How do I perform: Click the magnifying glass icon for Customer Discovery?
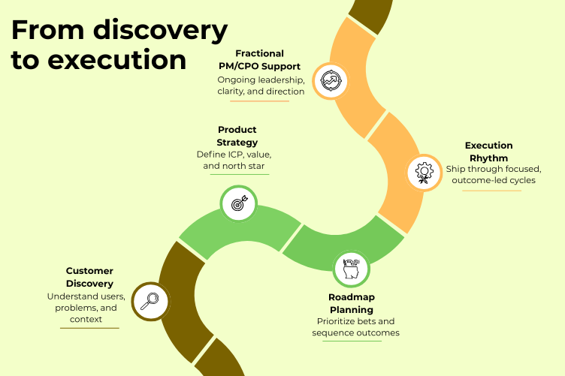149,300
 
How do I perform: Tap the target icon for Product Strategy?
238,203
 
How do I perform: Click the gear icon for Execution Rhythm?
424,173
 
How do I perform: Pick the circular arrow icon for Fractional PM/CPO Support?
331,81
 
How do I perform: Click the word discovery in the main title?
160,30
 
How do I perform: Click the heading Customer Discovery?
89,277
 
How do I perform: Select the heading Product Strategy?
237,136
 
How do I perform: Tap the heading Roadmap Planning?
350,303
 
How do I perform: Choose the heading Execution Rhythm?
488,151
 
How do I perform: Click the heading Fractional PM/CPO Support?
259,60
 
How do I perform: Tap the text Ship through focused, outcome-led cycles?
493,174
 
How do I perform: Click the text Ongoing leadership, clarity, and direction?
260,86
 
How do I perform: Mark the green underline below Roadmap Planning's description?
352,341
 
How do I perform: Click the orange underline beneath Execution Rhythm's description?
491,190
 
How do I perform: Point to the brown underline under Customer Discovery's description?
89,328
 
